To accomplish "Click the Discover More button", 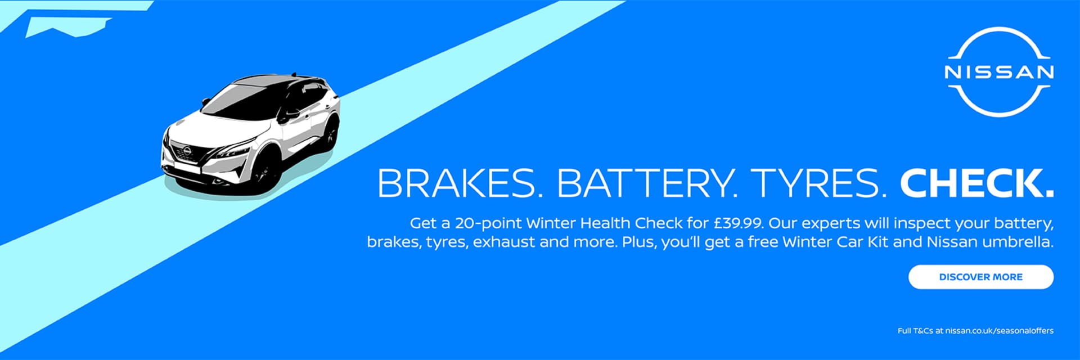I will click(x=980, y=277).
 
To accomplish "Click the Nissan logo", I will click(x=998, y=71).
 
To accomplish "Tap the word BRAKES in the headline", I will click(x=456, y=183).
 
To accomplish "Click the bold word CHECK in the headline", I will click(x=976, y=183).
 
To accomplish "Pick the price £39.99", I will click(x=738, y=223).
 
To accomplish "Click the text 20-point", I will click(x=488, y=223).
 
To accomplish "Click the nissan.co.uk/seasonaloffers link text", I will click(x=999, y=331).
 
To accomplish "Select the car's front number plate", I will click(x=186, y=168).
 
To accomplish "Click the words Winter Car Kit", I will click(x=835, y=242).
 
